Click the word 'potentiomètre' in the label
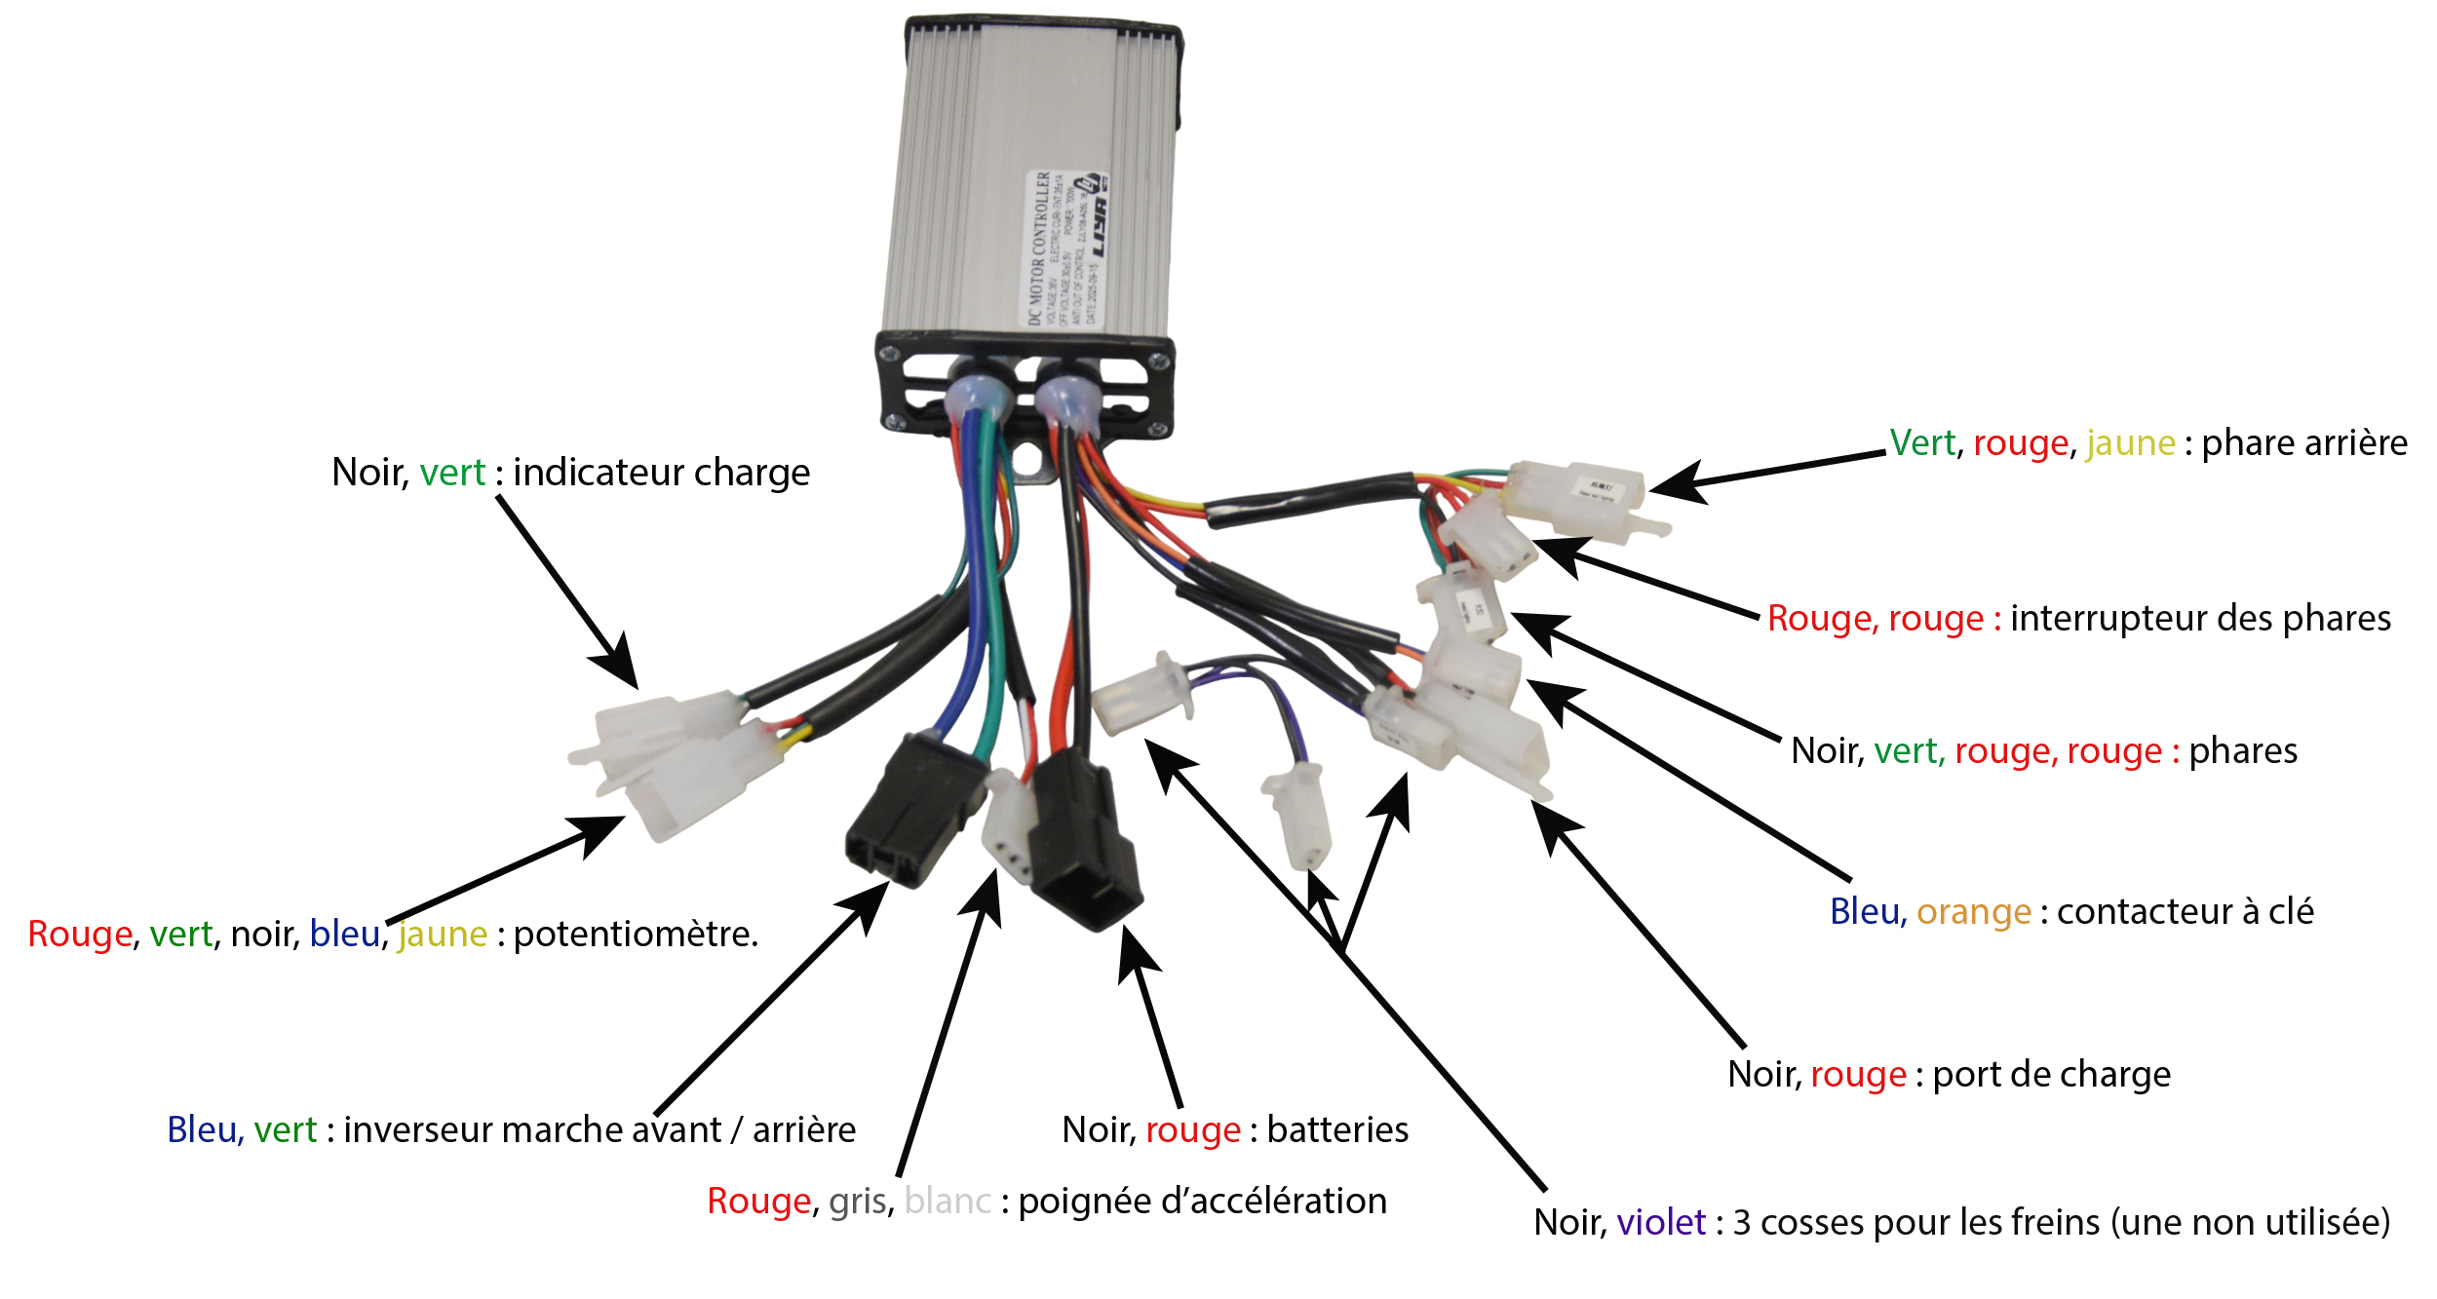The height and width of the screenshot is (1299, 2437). pos(635,935)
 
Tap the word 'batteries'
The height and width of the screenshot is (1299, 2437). pos(1337,1130)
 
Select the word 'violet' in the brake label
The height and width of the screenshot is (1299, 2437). pos(1661,1223)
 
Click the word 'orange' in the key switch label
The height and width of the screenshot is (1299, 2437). pos(1973,912)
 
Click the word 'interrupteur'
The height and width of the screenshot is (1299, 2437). pos(2116,619)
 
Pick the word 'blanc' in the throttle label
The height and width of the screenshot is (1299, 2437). pos(948,1202)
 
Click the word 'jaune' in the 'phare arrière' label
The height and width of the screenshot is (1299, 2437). pos(2130,443)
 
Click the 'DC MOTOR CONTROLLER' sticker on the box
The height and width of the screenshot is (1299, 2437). pos(1067,248)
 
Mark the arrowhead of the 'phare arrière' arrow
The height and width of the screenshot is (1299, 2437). pos(1669,484)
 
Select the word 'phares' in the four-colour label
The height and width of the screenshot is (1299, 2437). pos(2242,751)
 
